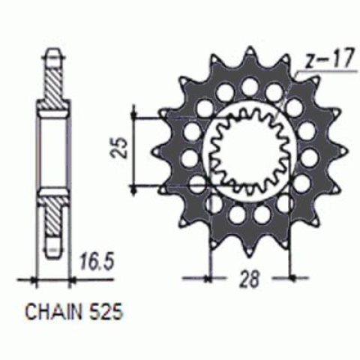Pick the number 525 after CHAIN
[x=106, y=309]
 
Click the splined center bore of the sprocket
[x=248, y=147]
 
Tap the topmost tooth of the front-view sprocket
[x=247, y=54]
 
